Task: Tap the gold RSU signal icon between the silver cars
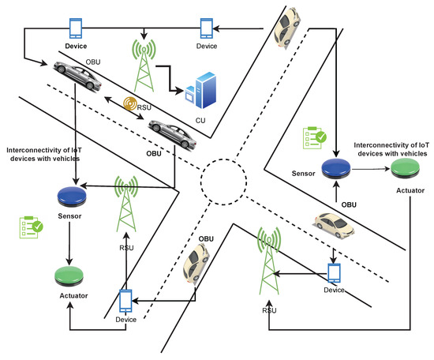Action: [x=131, y=103]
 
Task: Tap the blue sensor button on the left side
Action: [x=71, y=194]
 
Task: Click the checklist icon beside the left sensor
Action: [x=32, y=228]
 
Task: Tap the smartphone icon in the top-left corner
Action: [x=77, y=28]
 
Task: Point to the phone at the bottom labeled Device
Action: [x=125, y=301]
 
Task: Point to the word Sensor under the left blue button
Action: [x=70, y=214]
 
